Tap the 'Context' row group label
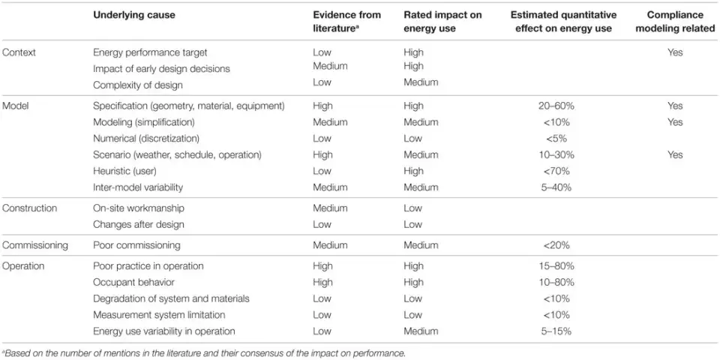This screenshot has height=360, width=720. [x=19, y=52]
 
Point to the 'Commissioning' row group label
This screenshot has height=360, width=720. [x=35, y=245]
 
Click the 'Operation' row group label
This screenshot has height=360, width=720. [x=24, y=265]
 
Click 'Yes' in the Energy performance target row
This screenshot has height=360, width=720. [x=674, y=52]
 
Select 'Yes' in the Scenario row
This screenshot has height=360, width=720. [x=674, y=154]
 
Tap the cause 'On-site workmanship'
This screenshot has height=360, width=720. [x=138, y=208]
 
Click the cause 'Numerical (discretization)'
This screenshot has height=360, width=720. [x=145, y=138]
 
